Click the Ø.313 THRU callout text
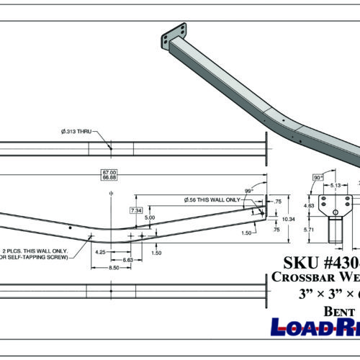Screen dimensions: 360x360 tap(78, 132)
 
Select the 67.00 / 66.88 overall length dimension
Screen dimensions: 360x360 tap(110, 175)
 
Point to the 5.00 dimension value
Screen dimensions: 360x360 tap(149, 217)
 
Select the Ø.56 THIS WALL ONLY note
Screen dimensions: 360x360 tap(216, 199)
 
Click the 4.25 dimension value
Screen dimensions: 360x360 tap(100, 252)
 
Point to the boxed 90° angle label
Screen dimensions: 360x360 tap(318, 176)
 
